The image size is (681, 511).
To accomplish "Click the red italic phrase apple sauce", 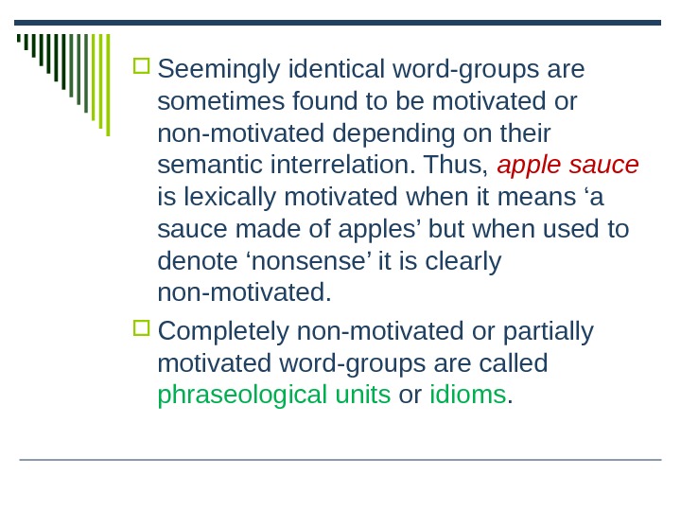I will (x=567, y=166).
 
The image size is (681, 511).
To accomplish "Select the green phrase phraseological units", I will (x=274, y=395).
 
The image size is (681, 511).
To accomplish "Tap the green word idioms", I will (x=468, y=395).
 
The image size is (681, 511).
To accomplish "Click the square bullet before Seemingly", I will (x=142, y=67).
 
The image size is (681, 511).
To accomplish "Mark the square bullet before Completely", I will (x=142, y=328).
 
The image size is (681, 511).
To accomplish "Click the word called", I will (x=514, y=363).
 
